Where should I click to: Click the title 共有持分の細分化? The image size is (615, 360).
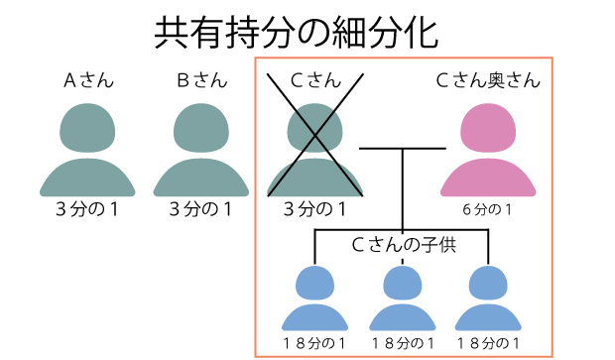[297, 32]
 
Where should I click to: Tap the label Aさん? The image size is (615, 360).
[88, 81]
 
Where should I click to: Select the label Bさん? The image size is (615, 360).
[202, 81]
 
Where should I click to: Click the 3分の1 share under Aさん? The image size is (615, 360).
[88, 209]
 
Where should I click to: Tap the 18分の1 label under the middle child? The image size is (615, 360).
[402, 343]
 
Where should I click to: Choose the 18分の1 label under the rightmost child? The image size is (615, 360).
[486, 343]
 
